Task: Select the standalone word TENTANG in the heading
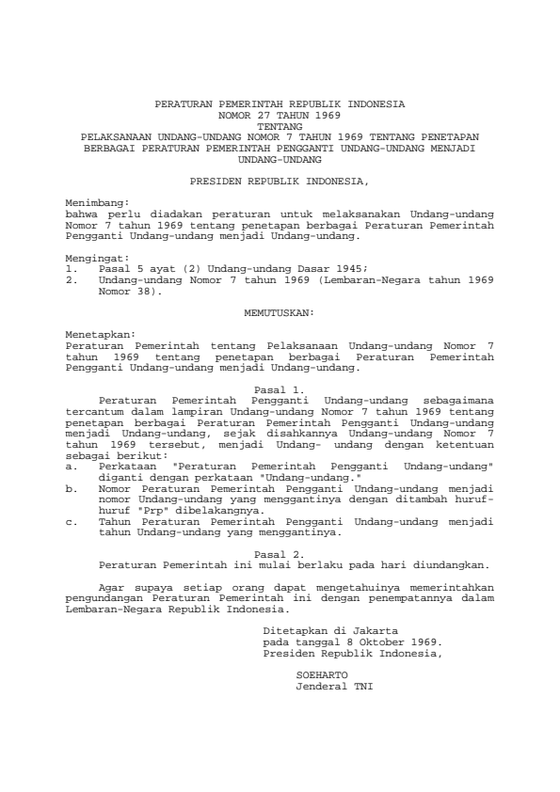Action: point(280,125)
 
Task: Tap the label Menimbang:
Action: point(96,201)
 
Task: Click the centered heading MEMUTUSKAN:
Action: point(280,310)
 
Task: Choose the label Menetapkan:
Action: point(99,334)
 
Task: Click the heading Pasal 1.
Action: point(280,388)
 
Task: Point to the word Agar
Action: point(110,588)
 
